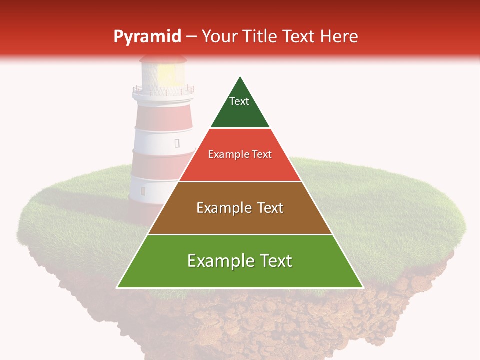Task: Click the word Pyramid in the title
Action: point(147,37)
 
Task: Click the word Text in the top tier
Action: point(239,101)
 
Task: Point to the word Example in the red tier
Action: point(224,154)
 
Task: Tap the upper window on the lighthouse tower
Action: point(177,143)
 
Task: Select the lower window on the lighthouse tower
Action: point(143,191)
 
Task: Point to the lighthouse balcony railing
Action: point(162,91)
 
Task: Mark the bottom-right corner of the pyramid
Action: point(363,287)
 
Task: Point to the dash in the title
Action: point(191,37)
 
